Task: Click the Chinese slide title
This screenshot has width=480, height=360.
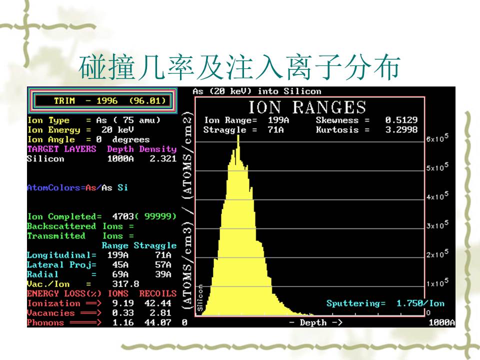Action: [x=239, y=67]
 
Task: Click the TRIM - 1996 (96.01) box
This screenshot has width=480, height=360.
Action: [x=102, y=100]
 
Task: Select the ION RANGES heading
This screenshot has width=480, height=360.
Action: [x=307, y=107]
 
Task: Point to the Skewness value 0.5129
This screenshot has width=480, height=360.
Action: [x=401, y=120]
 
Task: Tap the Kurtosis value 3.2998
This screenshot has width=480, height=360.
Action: [x=401, y=130]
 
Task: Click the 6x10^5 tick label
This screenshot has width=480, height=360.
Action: [x=437, y=138]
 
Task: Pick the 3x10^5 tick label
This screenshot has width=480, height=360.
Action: [x=437, y=224]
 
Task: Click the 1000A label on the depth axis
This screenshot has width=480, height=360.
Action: [x=441, y=322]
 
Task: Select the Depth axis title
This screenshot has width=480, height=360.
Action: [x=315, y=322]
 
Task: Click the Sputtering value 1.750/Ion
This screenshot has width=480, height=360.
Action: [x=420, y=303]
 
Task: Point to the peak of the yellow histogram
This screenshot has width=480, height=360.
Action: [x=238, y=135]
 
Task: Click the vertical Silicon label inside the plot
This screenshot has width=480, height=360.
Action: [x=200, y=298]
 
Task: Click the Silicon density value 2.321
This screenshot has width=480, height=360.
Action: [x=163, y=158]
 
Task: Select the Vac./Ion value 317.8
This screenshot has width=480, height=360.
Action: [x=125, y=284]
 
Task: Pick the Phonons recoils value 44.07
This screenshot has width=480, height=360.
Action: [x=157, y=322]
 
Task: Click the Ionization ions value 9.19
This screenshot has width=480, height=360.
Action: [x=123, y=303]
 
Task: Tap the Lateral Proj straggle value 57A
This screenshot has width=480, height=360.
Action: [x=163, y=265]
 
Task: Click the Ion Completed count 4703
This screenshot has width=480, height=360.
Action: [x=123, y=216]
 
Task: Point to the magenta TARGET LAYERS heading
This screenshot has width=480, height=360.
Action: [x=61, y=149]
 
